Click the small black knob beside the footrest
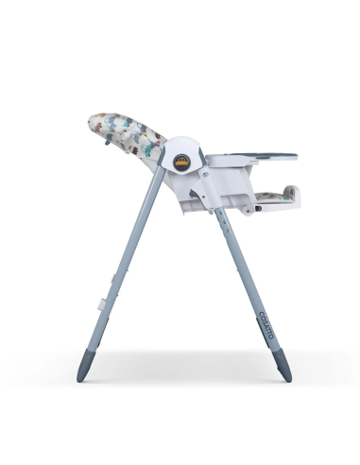tap(248, 210)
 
